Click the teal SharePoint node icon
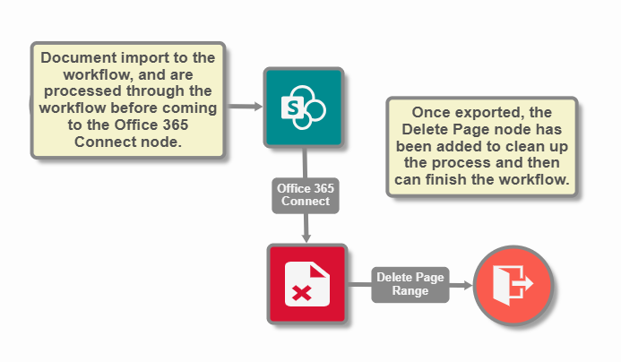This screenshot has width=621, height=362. [x=303, y=107]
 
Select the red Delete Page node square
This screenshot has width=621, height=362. [x=306, y=284]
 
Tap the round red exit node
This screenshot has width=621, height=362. [x=513, y=284]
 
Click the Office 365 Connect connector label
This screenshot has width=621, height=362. [x=305, y=194]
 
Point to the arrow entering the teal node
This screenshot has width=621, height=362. [x=256, y=107]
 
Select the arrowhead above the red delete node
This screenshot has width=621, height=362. [x=306, y=237]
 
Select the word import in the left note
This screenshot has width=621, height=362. [x=144, y=58]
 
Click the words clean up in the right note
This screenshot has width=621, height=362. [x=539, y=147]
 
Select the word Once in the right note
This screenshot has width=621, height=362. [x=429, y=114]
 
